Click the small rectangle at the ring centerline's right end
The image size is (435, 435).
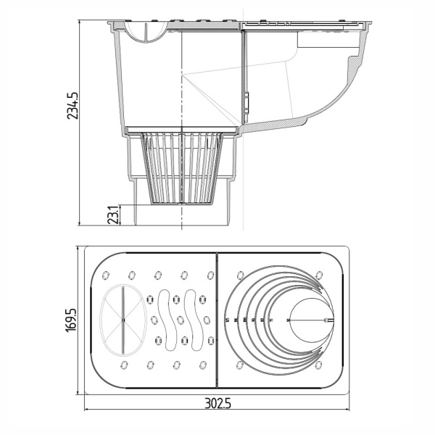[331, 319]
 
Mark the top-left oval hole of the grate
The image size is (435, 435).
[107, 275]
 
